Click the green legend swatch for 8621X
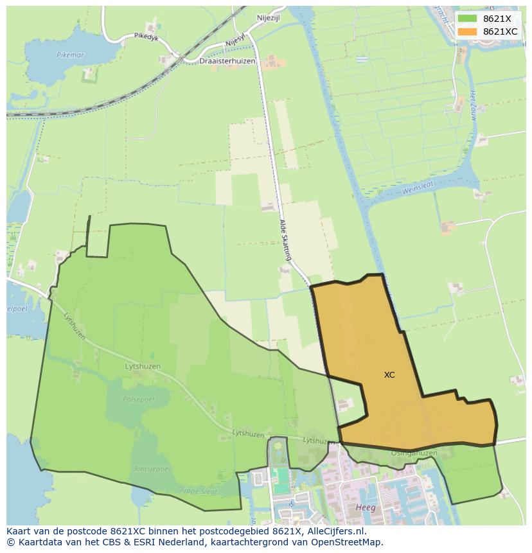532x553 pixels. click(468, 19)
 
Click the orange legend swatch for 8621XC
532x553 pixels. click(468, 31)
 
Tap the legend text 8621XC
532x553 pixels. click(500, 31)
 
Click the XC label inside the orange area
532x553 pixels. click(389, 374)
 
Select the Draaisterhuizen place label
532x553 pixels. click(227, 61)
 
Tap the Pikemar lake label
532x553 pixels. click(70, 55)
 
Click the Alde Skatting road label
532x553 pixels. click(285, 240)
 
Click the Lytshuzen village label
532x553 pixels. click(143, 366)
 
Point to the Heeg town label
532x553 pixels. click(365, 507)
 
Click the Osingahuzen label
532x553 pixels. click(414, 453)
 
